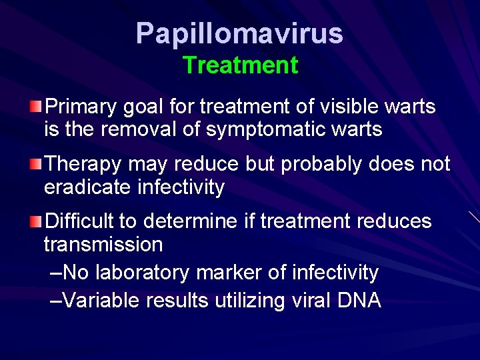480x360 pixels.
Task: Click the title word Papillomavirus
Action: coord(239,34)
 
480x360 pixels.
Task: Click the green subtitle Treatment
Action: coord(240,65)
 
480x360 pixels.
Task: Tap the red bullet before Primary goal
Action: coord(36,107)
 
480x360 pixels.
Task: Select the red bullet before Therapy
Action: coord(36,164)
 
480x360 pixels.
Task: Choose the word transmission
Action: coord(103,245)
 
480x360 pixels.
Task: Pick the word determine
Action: coord(191,221)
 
